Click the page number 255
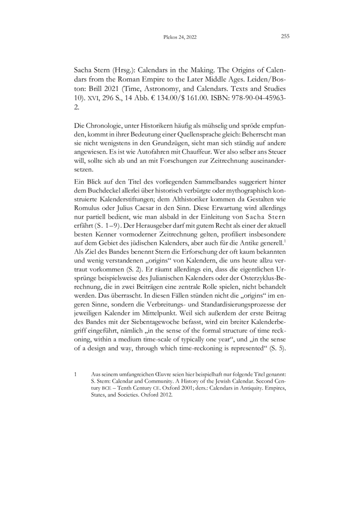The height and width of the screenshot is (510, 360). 285,37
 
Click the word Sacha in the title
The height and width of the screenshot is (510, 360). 83,71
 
